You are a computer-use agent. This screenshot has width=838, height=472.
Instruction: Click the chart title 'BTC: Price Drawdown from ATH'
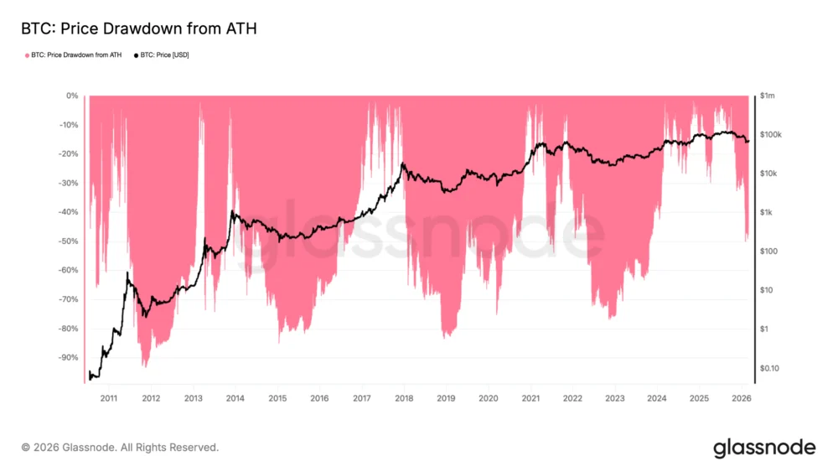click(138, 29)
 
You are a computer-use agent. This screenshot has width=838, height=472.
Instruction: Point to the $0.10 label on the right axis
click(769, 368)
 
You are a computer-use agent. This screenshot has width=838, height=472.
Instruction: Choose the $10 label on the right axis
click(766, 290)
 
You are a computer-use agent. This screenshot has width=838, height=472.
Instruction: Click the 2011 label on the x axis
click(108, 398)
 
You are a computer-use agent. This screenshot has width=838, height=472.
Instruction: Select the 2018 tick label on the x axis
click(404, 398)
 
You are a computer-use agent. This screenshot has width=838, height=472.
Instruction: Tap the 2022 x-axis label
click(572, 398)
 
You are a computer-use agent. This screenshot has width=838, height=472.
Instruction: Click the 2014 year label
click(235, 398)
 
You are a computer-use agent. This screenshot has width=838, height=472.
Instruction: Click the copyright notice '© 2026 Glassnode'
click(120, 448)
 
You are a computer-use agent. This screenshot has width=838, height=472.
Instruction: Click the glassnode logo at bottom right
click(763, 448)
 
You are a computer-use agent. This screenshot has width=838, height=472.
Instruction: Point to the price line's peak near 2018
click(403, 164)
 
